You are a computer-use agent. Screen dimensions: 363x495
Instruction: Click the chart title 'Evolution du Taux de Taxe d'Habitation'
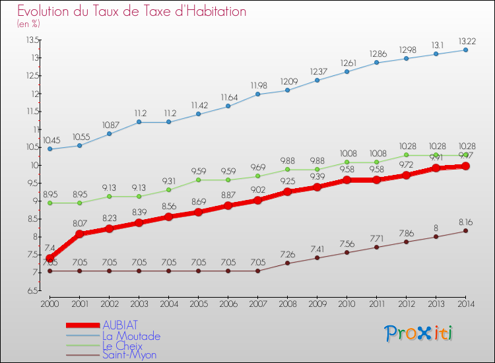tap(132, 12)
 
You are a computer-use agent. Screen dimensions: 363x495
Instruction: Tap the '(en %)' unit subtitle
tap(28, 24)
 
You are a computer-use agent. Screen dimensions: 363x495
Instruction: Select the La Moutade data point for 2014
tap(465, 50)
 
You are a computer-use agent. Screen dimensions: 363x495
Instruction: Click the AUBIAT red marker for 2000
tap(50, 258)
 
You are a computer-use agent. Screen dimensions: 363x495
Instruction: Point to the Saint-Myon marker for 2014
tap(465, 231)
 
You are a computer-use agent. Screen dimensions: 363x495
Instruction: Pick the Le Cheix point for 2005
tap(198, 180)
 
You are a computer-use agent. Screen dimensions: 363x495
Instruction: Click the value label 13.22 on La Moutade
tap(465, 40)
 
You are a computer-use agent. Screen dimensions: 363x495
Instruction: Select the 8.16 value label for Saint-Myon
tap(465, 222)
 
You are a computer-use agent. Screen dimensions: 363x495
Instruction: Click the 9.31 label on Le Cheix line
tap(168, 180)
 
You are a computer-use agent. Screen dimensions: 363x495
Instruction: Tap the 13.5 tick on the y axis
tap(32, 40)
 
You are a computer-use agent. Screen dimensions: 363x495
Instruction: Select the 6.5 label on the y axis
tap(32, 290)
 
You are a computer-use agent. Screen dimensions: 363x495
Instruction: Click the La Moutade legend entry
tap(131, 336)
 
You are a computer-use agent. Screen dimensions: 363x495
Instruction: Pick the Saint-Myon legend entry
tap(129, 355)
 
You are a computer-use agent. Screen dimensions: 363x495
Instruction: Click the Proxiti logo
tap(419, 333)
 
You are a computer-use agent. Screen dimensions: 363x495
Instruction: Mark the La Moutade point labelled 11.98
tap(257, 94)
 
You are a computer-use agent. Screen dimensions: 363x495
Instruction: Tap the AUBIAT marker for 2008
tap(287, 192)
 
